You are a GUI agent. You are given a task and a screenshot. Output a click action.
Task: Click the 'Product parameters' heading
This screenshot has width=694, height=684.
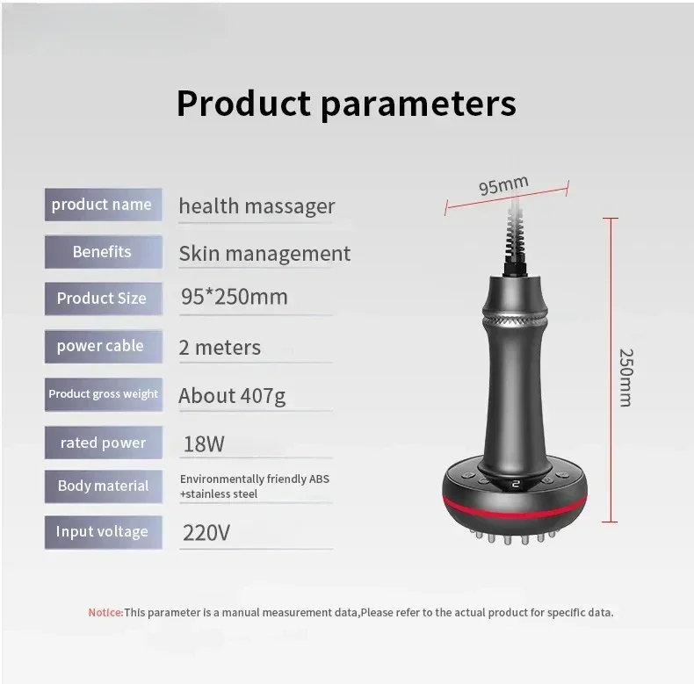346,103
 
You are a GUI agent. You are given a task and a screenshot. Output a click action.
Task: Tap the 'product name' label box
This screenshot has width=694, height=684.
103,205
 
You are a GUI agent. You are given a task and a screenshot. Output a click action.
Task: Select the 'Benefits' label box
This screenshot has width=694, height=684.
103,252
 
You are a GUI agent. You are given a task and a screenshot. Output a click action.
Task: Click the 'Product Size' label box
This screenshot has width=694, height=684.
103,299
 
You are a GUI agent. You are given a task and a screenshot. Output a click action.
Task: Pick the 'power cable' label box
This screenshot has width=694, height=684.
103,347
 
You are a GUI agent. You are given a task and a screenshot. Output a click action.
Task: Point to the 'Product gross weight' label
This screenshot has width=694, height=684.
103,394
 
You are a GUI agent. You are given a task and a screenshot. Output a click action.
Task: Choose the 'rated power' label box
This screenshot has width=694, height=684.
103,443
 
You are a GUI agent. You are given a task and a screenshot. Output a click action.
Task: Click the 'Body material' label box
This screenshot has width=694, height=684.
103,486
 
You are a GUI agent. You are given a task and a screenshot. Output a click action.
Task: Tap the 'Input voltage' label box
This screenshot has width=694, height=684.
103,532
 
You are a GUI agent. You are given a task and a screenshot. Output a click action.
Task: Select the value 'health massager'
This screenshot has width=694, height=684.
257,206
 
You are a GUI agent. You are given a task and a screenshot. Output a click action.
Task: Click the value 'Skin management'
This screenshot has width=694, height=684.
264,254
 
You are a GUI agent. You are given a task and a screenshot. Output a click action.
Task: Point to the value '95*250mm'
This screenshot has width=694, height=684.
235,297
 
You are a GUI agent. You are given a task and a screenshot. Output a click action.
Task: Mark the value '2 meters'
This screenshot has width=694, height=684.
220,348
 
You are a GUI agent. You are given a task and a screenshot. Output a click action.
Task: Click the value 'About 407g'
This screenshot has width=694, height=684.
232,396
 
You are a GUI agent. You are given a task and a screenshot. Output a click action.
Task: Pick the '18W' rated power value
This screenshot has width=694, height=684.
204,443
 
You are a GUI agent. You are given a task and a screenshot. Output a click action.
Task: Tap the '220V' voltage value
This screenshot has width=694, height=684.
206,533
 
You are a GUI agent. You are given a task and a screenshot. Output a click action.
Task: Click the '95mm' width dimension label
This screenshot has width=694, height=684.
503,185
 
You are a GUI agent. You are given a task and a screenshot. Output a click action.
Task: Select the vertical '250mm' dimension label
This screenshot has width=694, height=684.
625,378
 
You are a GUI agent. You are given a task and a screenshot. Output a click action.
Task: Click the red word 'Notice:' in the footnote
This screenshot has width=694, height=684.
105,612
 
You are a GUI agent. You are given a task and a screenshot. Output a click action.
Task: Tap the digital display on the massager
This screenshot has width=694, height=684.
515,484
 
